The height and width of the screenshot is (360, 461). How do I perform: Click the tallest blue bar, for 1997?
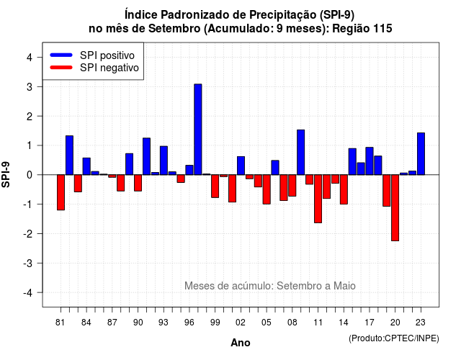point(198,130)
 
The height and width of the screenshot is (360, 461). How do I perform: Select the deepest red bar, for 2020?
point(395,208)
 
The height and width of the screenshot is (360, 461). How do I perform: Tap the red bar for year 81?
point(61,192)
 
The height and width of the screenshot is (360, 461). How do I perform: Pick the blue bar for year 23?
point(421,153)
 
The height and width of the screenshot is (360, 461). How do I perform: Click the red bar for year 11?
point(318,199)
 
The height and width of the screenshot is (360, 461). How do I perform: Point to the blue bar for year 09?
point(301,152)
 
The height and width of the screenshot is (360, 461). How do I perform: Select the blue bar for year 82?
point(69,156)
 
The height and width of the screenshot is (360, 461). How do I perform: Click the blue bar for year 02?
point(241,166)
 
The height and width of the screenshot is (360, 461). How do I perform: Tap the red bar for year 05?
point(267,189)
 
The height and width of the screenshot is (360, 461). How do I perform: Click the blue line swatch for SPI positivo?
point(61,55)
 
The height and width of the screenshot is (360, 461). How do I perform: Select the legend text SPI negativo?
point(109,68)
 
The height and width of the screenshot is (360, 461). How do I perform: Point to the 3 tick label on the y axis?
point(30,87)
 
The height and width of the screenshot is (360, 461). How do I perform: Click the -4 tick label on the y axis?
point(28,293)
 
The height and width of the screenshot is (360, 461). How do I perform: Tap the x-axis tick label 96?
point(189,323)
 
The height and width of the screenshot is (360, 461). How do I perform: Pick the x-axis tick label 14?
point(344,323)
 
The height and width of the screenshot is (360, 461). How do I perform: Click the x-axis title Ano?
point(241,343)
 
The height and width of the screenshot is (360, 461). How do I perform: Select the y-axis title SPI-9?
point(6,175)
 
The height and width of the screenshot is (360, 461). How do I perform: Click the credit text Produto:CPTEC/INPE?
point(394,338)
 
